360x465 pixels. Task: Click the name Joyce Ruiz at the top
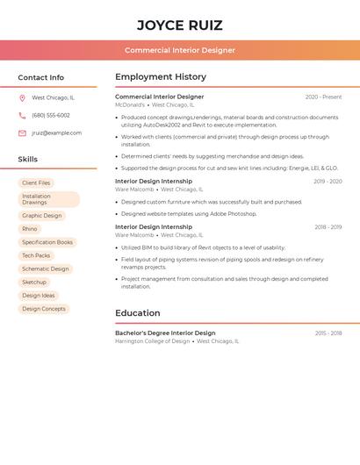click(180, 25)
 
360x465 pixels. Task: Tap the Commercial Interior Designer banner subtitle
click(180, 50)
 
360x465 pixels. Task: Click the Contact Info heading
click(41, 77)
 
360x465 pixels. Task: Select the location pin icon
click(22, 98)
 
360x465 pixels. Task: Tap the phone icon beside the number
click(22, 116)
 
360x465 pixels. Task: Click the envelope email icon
click(22, 133)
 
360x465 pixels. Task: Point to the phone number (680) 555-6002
click(51, 116)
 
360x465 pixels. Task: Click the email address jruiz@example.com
click(57, 133)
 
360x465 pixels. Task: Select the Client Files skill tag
click(36, 182)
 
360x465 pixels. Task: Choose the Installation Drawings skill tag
click(49, 199)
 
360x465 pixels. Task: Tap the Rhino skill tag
click(30, 229)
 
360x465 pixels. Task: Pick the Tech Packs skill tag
click(36, 255)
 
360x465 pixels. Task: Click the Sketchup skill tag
click(34, 283)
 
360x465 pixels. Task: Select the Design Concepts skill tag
click(44, 309)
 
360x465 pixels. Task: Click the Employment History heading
click(161, 77)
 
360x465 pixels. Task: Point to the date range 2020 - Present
click(323, 97)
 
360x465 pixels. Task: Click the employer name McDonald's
click(130, 105)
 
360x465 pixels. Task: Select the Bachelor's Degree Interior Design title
click(165, 333)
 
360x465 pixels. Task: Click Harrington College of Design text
click(152, 341)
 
